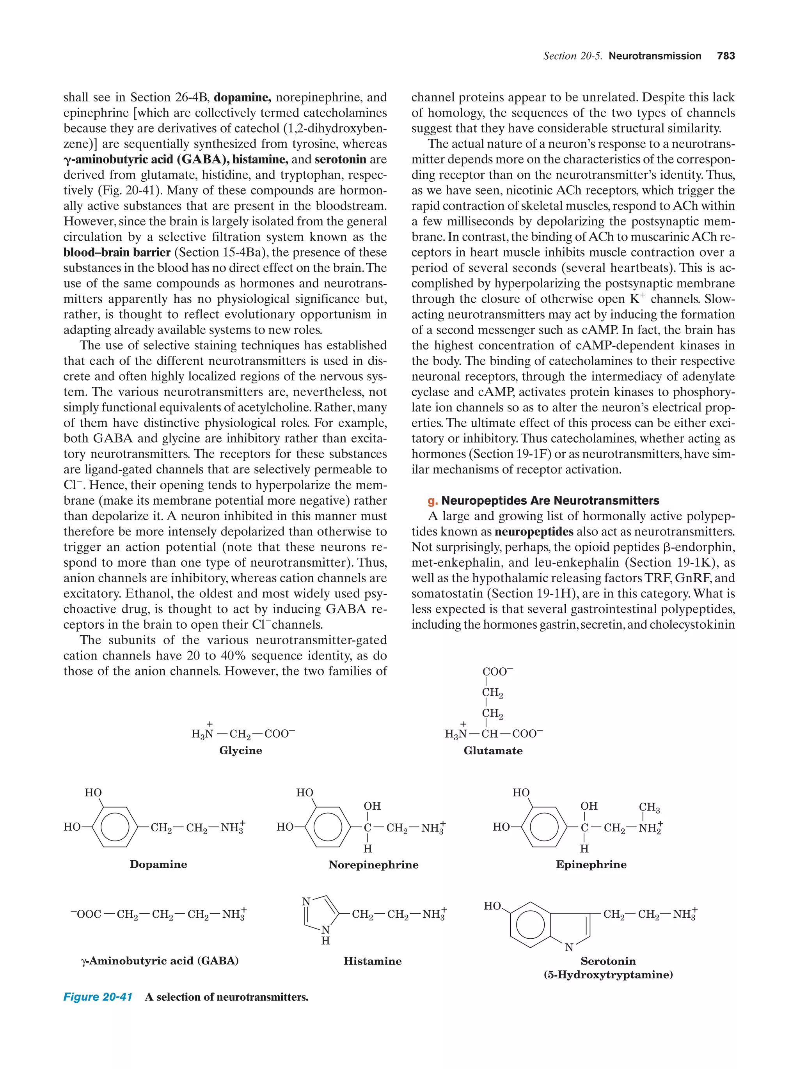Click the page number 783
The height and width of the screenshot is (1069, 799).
pos(726,56)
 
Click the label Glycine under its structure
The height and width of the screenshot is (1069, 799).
pos(241,750)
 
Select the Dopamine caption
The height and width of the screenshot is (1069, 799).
pos(158,864)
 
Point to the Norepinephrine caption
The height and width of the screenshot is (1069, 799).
pos(373,865)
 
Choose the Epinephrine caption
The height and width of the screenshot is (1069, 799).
pos(591,865)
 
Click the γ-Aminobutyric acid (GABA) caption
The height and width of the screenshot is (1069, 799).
pos(160,961)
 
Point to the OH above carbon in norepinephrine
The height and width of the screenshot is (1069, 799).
pos(372,806)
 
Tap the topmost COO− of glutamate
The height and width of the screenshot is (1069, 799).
pos(497,672)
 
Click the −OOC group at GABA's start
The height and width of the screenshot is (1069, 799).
pos(86,914)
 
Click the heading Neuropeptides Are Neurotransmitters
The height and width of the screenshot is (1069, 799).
pos(550,501)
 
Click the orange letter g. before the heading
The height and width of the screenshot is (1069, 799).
pos(433,501)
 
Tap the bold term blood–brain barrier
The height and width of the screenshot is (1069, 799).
pos(117,252)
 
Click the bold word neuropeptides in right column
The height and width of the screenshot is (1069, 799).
pos(534,532)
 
